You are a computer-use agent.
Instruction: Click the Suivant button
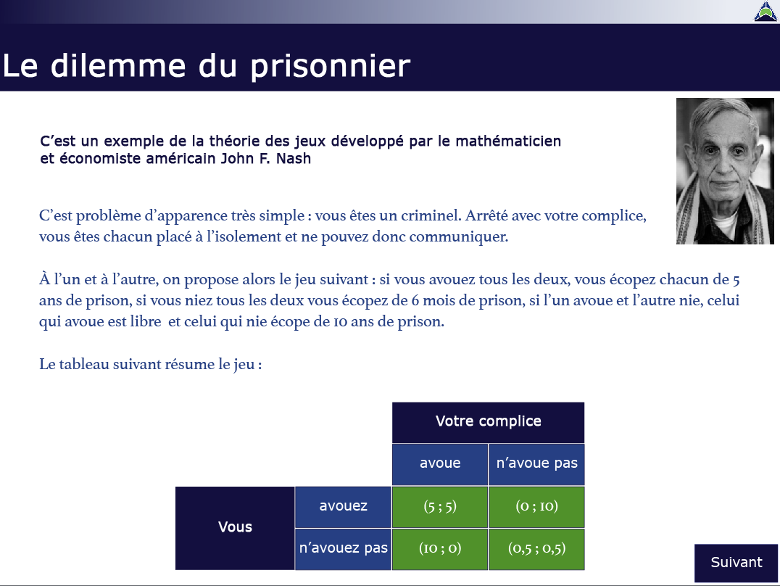tap(737, 563)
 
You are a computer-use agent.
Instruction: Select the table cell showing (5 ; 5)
tap(440, 507)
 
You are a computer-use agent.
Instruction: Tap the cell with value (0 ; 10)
tap(536, 507)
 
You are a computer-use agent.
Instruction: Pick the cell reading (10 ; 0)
tap(440, 549)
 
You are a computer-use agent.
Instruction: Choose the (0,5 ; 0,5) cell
tap(536, 549)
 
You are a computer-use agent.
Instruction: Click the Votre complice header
tap(489, 422)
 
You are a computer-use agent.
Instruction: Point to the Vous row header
tap(235, 528)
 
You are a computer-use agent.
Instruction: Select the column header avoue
tap(440, 464)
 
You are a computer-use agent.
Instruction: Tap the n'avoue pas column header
tap(536, 464)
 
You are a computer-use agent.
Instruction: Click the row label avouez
tap(343, 507)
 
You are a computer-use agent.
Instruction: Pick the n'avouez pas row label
tap(343, 549)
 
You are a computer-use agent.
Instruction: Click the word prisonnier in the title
tap(331, 67)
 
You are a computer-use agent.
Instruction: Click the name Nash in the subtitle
tap(294, 159)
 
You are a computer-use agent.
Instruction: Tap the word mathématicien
tap(508, 141)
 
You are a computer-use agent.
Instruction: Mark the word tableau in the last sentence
tap(84, 365)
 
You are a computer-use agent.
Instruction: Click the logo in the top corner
tap(766, 12)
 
